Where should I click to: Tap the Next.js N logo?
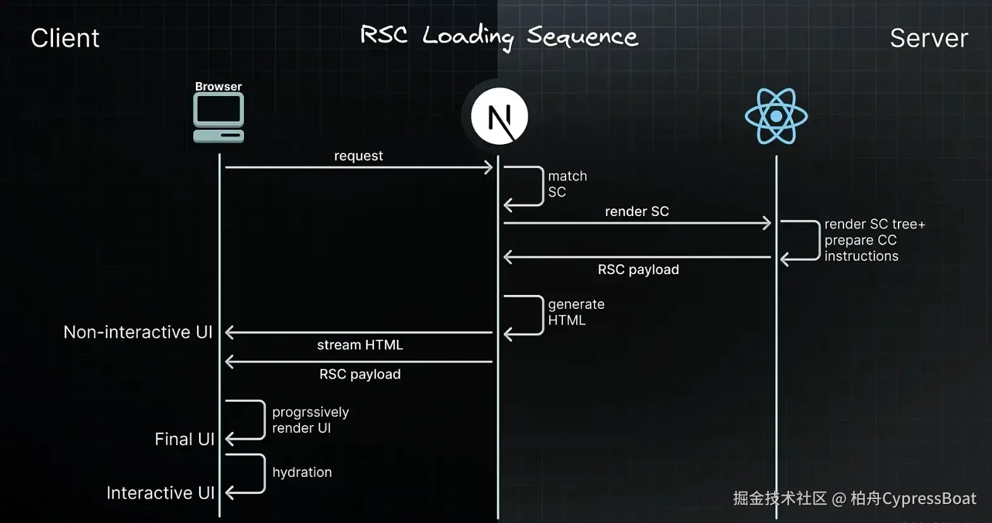(499, 116)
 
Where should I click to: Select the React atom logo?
(776, 116)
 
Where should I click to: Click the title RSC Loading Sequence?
(499, 37)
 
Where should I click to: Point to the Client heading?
(65, 39)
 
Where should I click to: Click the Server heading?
(928, 39)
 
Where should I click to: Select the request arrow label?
(358, 156)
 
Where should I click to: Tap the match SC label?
(567, 184)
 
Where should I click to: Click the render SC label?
(636, 212)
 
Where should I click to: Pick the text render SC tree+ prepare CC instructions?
(874, 240)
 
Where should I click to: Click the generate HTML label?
(576, 312)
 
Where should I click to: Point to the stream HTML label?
(360, 345)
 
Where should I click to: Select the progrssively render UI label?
(310, 420)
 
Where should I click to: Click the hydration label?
(302, 472)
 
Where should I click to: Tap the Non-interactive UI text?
(138, 332)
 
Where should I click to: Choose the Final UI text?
(184, 439)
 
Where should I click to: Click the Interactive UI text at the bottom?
(160, 493)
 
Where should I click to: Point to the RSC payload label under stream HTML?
(360, 374)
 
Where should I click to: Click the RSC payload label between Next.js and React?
(638, 270)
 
